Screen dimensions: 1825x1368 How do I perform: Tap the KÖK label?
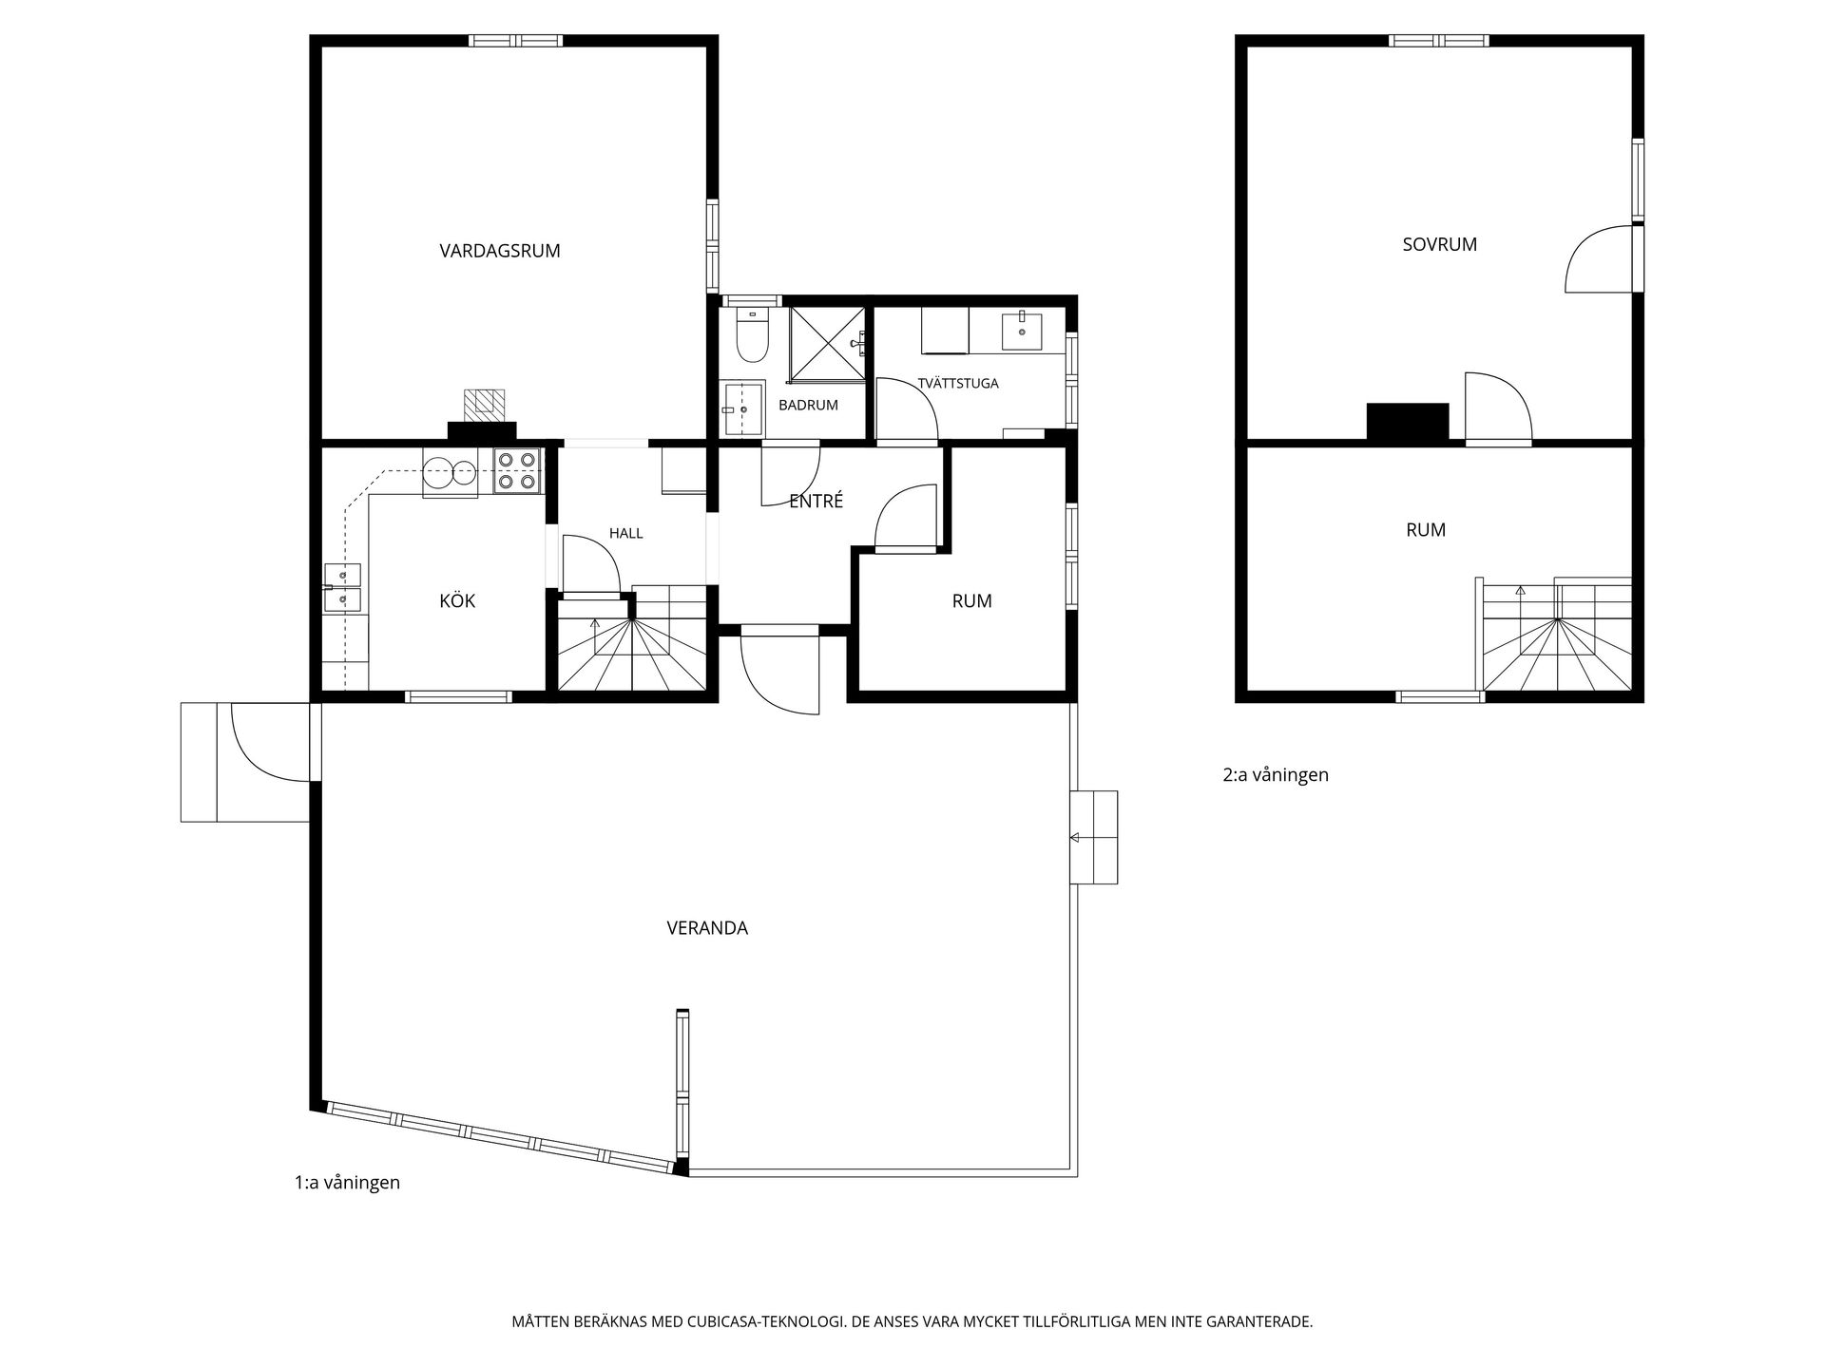(x=457, y=600)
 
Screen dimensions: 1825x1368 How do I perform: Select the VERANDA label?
(x=707, y=928)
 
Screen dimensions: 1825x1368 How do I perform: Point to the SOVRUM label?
(x=1439, y=244)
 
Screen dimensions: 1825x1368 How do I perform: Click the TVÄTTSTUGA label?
(x=958, y=384)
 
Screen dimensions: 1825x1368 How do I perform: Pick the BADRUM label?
(x=808, y=405)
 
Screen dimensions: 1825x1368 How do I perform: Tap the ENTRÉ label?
(x=816, y=501)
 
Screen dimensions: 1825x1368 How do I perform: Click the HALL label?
(x=625, y=533)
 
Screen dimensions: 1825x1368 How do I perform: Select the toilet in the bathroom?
(x=753, y=337)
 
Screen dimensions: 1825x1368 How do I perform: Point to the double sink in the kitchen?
(x=342, y=587)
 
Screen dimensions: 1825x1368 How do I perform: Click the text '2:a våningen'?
(x=1276, y=775)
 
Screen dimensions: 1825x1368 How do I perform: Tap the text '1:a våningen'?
(x=347, y=1183)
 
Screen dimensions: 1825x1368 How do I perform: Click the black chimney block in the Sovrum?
(x=1408, y=422)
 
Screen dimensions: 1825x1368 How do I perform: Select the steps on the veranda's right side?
(x=1094, y=837)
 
